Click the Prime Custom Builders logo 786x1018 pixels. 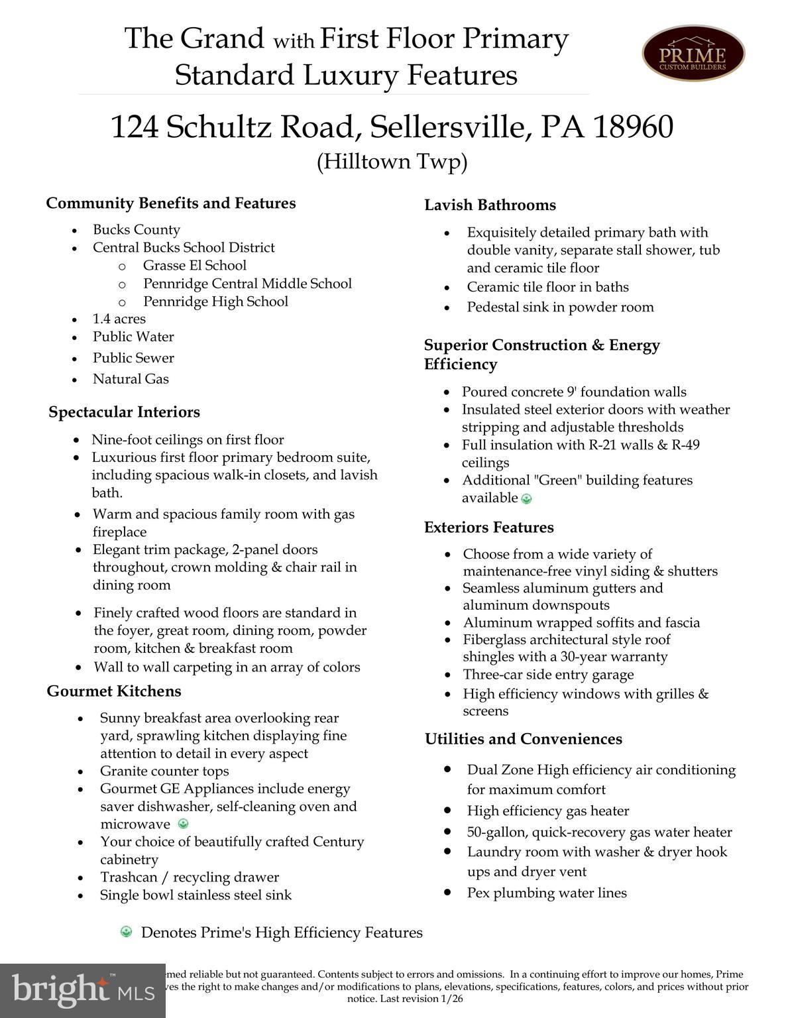click(693, 53)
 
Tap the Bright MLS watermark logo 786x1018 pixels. click(83, 990)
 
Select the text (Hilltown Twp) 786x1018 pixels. click(392, 162)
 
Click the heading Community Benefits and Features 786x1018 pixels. click(171, 203)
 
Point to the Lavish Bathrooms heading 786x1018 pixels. click(490, 205)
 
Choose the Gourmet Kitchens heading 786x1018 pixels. click(114, 691)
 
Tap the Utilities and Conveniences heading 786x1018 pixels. click(524, 739)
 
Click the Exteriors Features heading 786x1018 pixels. click(489, 528)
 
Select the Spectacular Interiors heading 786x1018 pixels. click(124, 412)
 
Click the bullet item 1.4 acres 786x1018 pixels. click(119, 319)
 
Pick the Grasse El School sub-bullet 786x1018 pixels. click(195, 266)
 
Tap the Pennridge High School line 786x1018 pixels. click(216, 302)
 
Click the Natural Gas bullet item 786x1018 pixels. click(131, 379)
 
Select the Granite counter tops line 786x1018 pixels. click(164, 771)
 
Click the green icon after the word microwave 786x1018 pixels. click(184, 824)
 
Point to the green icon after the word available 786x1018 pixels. click(527, 499)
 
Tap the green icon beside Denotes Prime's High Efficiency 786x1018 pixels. click(126, 933)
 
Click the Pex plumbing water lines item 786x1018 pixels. click(547, 893)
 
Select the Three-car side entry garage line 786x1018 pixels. click(548, 675)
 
